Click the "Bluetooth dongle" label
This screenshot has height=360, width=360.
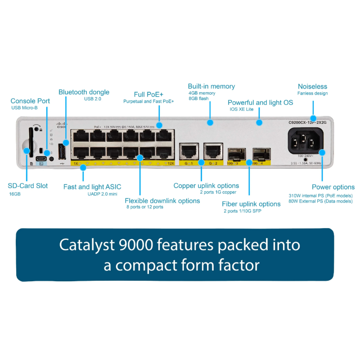84,92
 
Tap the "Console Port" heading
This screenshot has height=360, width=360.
30,101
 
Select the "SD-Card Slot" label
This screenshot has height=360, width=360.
28,185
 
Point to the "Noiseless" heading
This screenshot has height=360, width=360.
312,86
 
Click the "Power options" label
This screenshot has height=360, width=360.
333,187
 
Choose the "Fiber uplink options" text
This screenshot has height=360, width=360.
251,204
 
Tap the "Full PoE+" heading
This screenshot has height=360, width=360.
148,94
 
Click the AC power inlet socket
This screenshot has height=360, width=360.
306,141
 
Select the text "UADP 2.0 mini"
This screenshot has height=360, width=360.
102,194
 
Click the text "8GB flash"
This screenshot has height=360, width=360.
198,99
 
